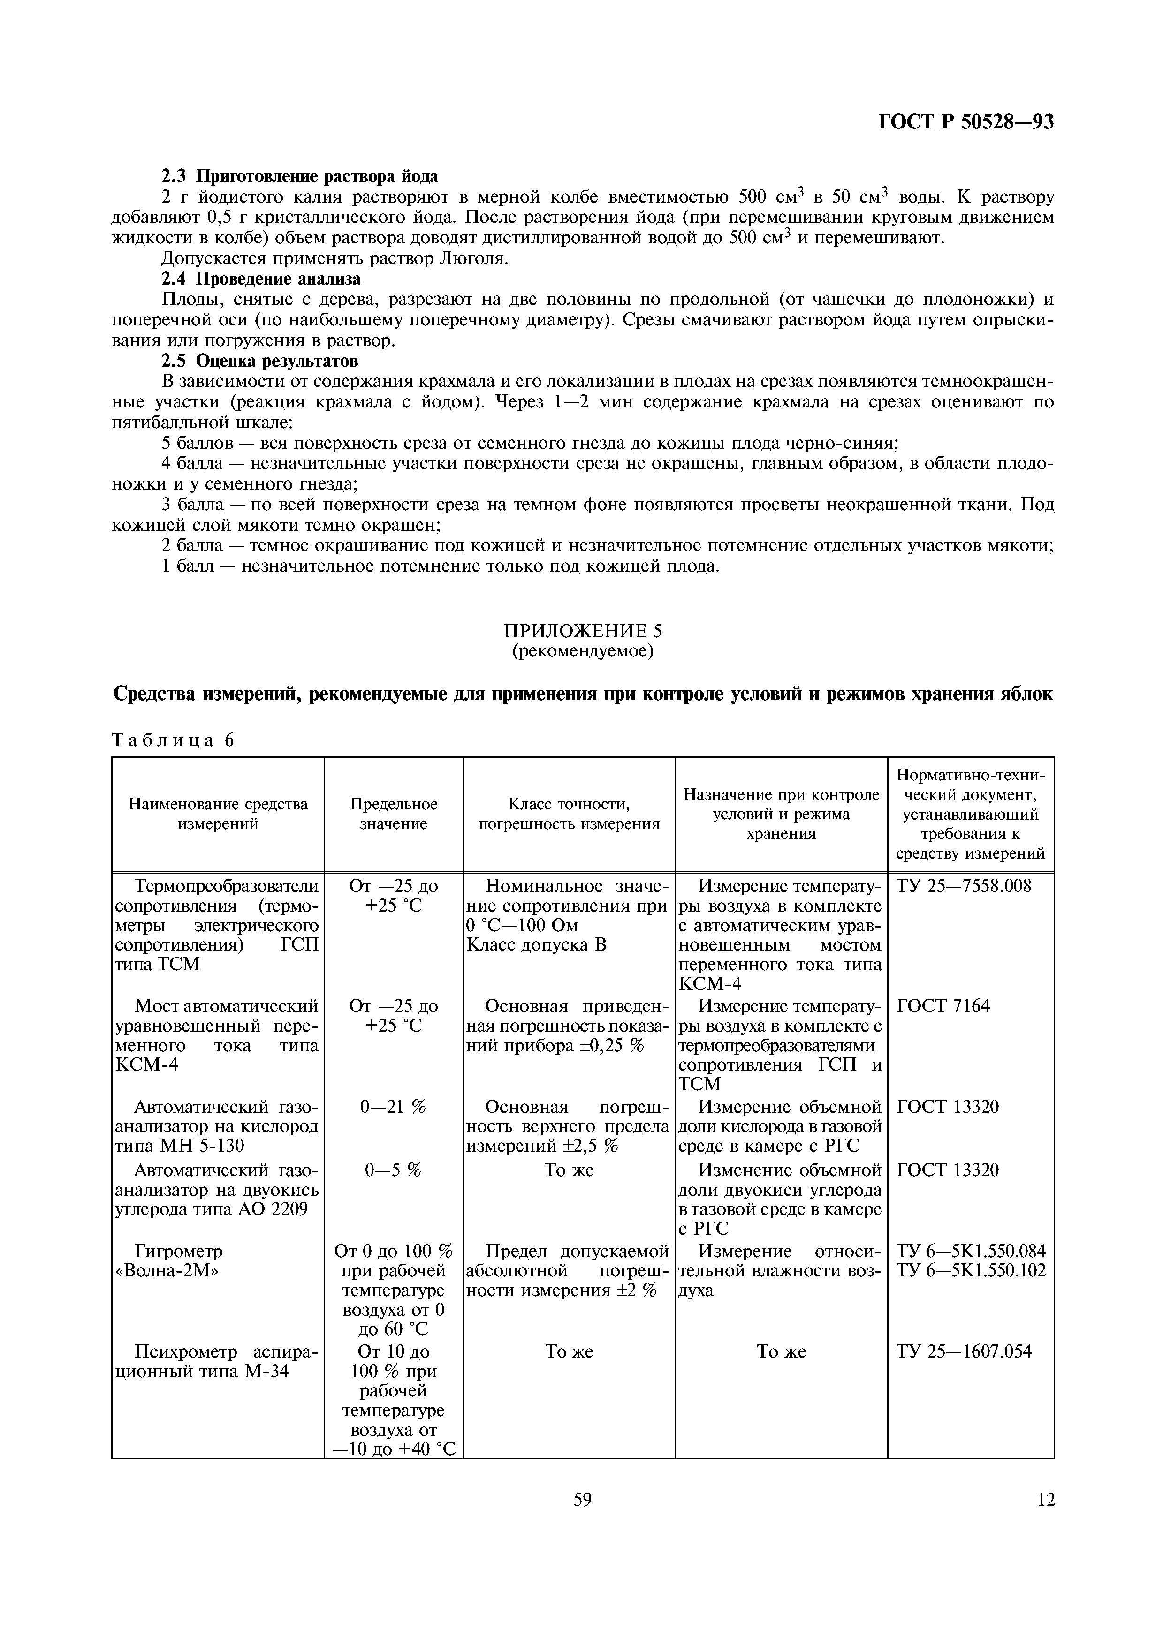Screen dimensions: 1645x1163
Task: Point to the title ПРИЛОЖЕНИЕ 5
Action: tap(583, 631)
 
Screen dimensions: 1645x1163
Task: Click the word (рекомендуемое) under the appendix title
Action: tap(583, 650)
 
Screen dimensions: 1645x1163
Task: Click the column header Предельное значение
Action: tap(394, 814)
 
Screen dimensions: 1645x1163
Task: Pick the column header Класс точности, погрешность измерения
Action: tap(569, 814)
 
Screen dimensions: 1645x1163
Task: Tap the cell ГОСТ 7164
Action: tap(943, 1006)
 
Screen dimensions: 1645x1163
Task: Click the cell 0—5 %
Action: tap(394, 1170)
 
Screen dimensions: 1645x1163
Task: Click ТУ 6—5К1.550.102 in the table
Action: tap(971, 1271)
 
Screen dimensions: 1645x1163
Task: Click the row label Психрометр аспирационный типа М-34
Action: tap(217, 1362)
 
